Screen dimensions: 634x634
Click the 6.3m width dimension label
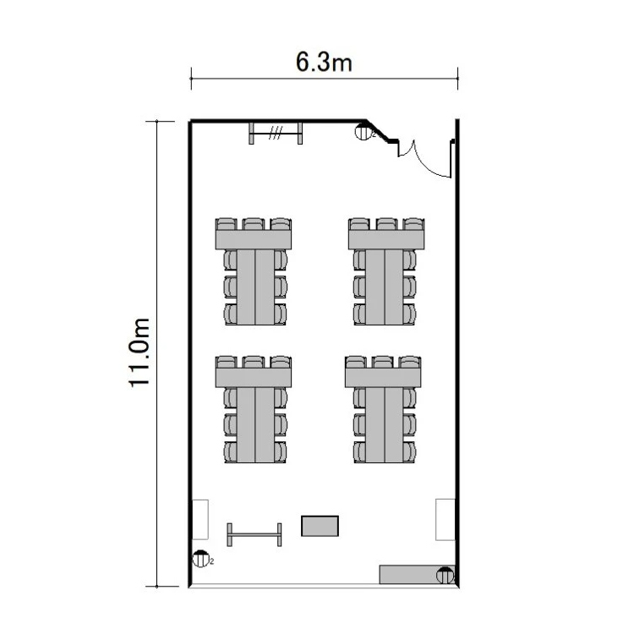tap(324, 63)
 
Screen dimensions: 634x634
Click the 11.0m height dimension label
tap(139, 353)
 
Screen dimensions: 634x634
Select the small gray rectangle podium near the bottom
tap(320, 526)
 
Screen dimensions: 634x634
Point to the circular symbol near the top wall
tap(363, 132)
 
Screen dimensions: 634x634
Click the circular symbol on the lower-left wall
tap(200, 559)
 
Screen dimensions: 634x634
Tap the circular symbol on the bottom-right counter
tap(445, 576)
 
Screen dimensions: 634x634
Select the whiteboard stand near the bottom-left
tap(254, 534)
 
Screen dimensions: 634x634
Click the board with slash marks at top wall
tap(276, 133)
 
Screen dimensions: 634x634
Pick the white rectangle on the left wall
tap(200, 520)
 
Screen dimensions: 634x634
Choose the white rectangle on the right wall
tap(445, 520)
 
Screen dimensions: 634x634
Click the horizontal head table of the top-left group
tap(254, 240)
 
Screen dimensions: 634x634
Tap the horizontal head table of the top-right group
tap(386, 240)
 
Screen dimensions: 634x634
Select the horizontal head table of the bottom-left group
tap(254, 378)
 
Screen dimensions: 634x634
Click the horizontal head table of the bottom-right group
tap(383, 378)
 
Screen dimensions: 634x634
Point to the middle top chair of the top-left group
tap(254, 224)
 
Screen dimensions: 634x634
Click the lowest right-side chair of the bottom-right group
tap(409, 451)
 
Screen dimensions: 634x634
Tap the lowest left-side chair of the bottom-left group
tap(231, 451)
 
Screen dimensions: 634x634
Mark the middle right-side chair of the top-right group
tap(409, 287)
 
